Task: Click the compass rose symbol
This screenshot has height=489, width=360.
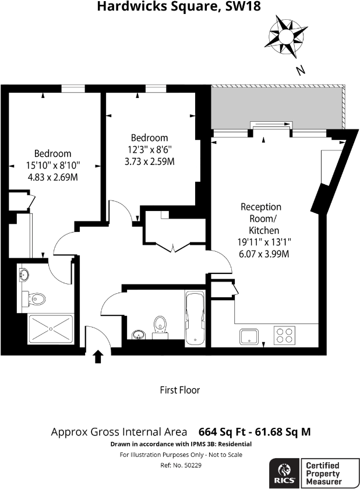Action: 286,36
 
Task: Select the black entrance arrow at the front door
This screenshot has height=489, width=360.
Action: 98,356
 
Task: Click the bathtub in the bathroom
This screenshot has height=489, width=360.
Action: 194,319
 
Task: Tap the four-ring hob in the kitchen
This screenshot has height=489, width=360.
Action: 284,335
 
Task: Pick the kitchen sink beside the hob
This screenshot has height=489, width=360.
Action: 250,336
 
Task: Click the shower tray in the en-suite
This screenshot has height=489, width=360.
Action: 51,330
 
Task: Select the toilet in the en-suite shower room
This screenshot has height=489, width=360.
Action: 36,300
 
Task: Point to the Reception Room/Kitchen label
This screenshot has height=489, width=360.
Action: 261,219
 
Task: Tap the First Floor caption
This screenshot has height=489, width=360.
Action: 180,390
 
